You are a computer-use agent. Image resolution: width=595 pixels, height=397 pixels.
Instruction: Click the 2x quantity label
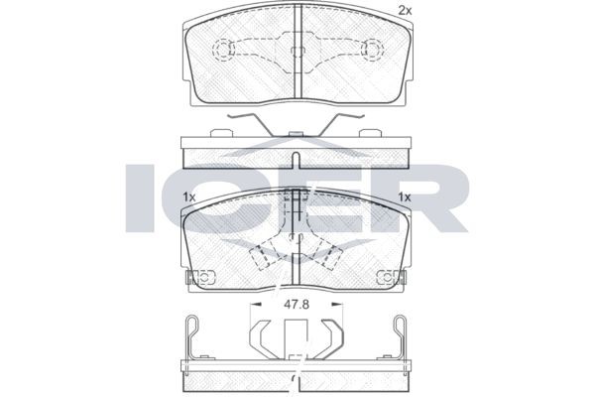click(x=405, y=11)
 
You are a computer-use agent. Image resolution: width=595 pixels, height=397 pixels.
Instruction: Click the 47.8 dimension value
click(x=297, y=305)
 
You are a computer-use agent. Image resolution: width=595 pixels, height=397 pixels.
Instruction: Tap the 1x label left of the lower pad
click(x=188, y=198)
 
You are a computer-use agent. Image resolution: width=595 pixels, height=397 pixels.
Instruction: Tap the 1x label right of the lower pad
click(x=405, y=198)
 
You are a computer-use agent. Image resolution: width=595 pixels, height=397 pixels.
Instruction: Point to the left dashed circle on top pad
click(x=223, y=50)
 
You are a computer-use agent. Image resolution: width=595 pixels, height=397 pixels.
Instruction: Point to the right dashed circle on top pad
click(x=372, y=50)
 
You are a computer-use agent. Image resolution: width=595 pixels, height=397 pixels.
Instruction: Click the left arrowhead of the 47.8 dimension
click(x=257, y=304)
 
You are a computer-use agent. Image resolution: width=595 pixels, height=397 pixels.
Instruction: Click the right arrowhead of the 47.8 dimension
click(x=337, y=304)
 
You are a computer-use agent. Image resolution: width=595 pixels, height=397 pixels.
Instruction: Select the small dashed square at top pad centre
click(x=297, y=52)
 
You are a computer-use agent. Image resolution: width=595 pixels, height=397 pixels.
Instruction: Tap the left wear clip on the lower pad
click(x=200, y=277)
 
